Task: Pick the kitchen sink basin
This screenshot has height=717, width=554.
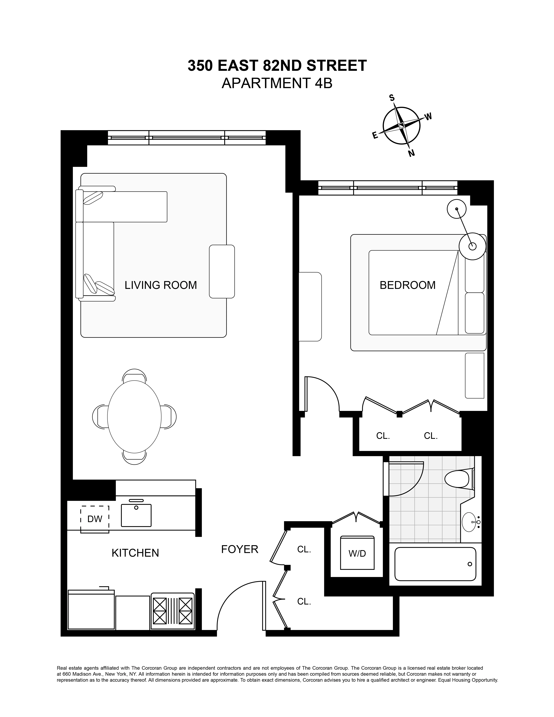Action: click(136, 515)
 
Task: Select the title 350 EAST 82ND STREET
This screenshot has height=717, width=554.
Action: click(277, 66)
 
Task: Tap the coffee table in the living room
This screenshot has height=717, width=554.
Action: click(222, 272)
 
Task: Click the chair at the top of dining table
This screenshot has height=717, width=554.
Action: click(134, 375)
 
